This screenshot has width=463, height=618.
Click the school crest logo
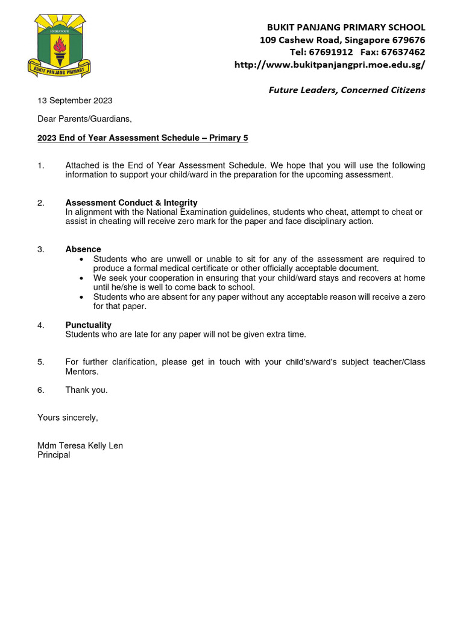click(59, 46)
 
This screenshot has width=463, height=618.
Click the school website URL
click(329, 65)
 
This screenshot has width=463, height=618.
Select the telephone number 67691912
click(330, 52)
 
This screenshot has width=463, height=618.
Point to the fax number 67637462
click(403, 52)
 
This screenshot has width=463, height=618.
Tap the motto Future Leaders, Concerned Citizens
click(347, 90)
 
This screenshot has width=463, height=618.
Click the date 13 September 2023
click(75, 101)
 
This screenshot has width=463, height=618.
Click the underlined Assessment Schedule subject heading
click(142, 138)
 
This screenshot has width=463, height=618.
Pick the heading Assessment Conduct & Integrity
click(131, 203)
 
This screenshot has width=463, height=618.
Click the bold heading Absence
click(83, 249)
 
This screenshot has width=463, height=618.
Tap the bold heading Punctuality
click(88, 325)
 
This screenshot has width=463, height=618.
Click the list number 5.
click(41, 362)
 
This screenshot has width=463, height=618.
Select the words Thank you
click(86, 390)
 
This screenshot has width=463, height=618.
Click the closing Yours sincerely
click(68, 418)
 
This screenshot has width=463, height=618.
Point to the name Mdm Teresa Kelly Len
click(80, 446)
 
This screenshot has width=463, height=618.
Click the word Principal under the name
click(54, 455)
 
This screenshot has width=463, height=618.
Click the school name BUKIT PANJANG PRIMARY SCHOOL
click(346, 27)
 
